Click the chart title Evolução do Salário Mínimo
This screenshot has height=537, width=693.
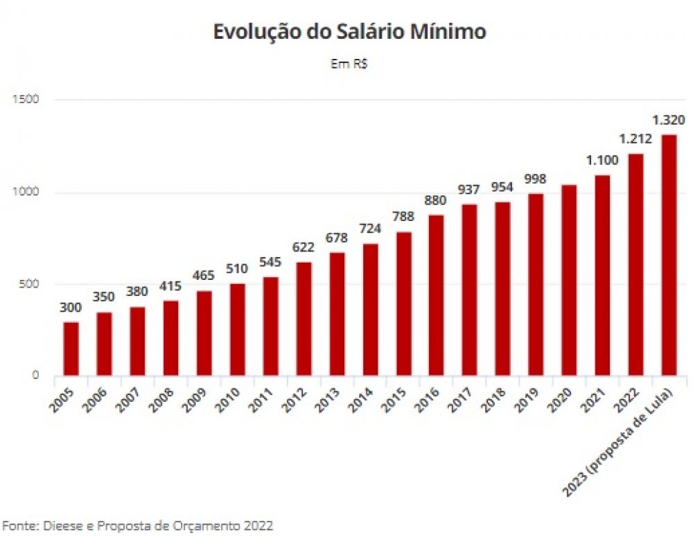coord(349,33)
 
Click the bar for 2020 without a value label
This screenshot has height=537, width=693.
coord(568,280)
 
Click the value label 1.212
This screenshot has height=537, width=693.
coord(635,139)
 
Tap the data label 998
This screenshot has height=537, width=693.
coord(535,179)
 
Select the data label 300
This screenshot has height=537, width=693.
coord(70,308)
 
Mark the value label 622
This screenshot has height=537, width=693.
coord(303,247)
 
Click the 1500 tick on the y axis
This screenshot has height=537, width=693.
coord(26,100)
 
